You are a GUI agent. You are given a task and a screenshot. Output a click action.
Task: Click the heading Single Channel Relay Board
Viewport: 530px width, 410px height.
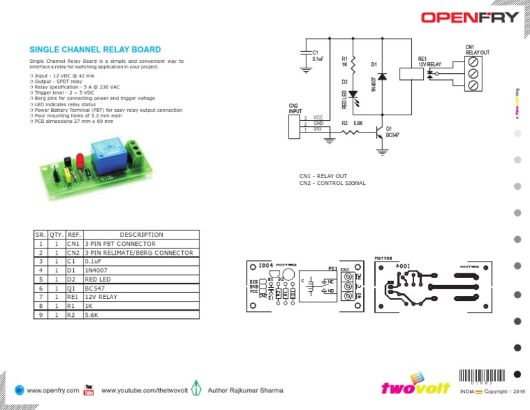pyautogui.click(x=95, y=50)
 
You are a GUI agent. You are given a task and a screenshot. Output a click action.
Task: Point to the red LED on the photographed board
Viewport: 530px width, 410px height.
pyautogui.click(x=79, y=162)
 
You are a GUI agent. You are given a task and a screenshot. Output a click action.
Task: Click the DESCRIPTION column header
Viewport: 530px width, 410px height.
pyautogui.click(x=141, y=235)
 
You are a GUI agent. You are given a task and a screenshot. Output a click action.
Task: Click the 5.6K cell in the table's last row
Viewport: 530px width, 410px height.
pyautogui.click(x=92, y=315)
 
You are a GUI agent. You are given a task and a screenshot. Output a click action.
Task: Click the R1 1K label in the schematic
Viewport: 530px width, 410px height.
pyautogui.click(x=344, y=62)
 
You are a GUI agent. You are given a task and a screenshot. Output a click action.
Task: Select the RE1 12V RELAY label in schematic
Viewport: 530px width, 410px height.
pyautogui.click(x=429, y=62)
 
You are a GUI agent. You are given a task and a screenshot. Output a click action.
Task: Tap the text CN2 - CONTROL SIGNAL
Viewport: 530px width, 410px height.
pyautogui.click(x=332, y=183)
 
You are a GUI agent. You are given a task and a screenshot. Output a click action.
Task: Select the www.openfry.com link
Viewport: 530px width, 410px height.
pyautogui.click(x=52, y=391)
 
